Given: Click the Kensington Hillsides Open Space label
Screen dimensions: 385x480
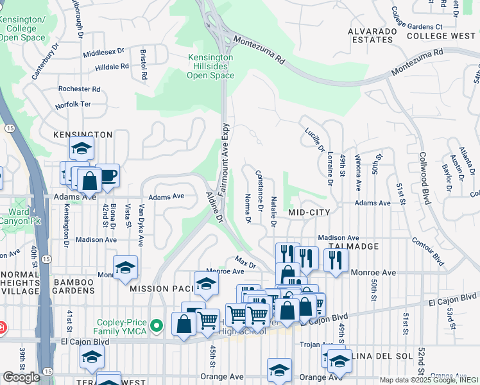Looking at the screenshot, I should (x=210, y=67).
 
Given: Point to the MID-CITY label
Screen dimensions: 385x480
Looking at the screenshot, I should (x=309, y=212).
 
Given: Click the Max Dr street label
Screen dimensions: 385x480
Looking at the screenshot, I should (x=245, y=262).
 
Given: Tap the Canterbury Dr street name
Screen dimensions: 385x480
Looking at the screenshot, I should (x=46, y=61).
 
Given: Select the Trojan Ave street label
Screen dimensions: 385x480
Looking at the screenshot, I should (x=314, y=345).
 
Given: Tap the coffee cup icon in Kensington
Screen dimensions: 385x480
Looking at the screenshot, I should (x=107, y=176).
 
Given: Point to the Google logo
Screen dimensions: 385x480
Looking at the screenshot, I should (x=22, y=377).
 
